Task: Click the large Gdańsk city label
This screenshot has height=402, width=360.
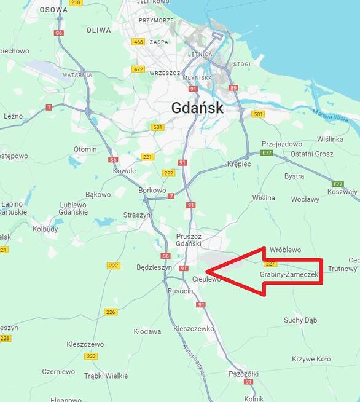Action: pos(197,108)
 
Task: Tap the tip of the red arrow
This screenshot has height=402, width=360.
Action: pos(206,271)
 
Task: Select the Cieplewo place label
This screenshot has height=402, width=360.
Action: pos(206,279)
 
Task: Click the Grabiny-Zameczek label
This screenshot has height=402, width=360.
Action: pos(289,274)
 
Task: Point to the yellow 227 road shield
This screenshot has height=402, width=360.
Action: pos(271,264)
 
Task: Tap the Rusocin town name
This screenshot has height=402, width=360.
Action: pos(180,291)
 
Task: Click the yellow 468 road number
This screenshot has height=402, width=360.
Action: pos(138,42)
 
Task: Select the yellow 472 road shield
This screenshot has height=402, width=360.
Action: pos(138,69)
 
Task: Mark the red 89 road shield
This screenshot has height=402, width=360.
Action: pos(233,88)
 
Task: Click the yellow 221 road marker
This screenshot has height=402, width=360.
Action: pos(147,157)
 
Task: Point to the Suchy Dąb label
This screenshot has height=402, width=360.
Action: pos(300,320)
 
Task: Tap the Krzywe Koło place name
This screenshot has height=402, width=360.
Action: pos(311,359)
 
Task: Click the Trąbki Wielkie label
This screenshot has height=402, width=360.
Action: pos(106,376)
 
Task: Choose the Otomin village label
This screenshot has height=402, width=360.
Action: pos(85,149)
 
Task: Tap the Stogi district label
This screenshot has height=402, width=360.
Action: pos(242,63)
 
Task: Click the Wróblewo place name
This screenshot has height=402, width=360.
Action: pos(285,250)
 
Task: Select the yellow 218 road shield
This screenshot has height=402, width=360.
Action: pos(76,2)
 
